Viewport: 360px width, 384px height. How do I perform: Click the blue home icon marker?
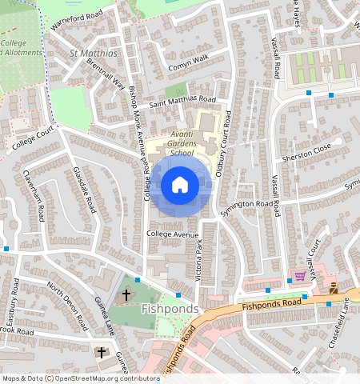[180, 185]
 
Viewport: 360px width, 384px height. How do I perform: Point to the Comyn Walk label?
[188, 58]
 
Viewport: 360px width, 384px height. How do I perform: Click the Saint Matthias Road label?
[182, 100]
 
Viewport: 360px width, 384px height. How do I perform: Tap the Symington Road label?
[247, 204]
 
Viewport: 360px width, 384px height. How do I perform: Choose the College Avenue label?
[171, 234]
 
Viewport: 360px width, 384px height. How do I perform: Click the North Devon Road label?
[66, 304]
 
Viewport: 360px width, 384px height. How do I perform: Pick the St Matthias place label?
[95, 54]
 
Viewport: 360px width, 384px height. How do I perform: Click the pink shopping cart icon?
[300, 276]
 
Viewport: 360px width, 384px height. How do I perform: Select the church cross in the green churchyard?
[126, 295]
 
